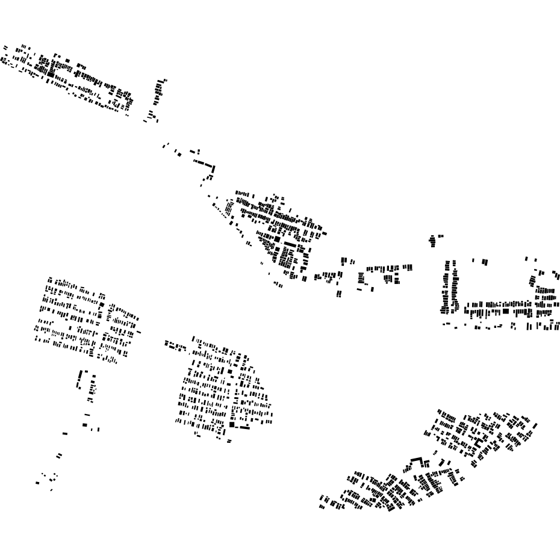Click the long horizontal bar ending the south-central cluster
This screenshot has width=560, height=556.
pyautogui.click(x=243, y=427)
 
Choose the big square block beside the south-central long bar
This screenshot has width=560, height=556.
pyautogui.click(x=232, y=424)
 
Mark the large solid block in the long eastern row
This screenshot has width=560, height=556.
pyautogui.click(x=506, y=311)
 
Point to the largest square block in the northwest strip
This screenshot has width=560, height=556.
pyautogui.click(x=51, y=74)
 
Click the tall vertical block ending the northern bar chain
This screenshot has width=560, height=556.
pyautogui.click(x=213, y=169)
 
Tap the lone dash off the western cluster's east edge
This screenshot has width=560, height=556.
pyautogui.click(x=138, y=332)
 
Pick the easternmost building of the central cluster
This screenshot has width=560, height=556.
pyautogui.click(x=325, y=233)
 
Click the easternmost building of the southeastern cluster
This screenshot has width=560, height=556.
pyautogui.click(x=535, y=426)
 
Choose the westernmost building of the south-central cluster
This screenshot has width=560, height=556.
pyautogui.click(x=166, y=343)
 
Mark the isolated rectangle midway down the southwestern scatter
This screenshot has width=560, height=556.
pyautogui.click(x=65, y=433)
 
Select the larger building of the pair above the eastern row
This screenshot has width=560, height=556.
pyautogui.click(x=484, y=262)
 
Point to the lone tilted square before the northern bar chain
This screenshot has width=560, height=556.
pyautogui.click(x=179, y=155)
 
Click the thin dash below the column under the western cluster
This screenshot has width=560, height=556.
pyautogui.click(x=87, y=415)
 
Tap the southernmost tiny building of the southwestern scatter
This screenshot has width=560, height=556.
pyautogui.click(x=51, y=490)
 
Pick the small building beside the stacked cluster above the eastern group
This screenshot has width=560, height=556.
pyautogui.click(x=441, y=236)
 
